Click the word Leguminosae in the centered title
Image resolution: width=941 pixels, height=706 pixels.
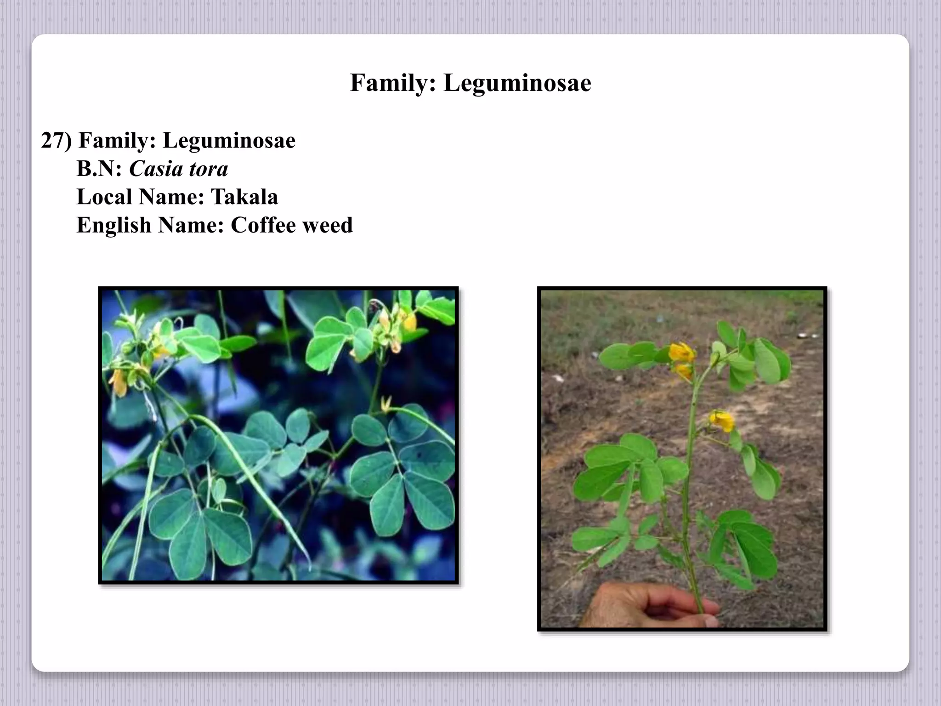click(517, 83)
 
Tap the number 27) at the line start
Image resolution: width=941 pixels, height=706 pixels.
click(57, 141)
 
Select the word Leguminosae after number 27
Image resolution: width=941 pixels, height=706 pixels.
click(229, 141)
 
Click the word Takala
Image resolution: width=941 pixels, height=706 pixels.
click(244, 197)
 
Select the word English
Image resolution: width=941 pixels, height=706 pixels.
click(113, 225)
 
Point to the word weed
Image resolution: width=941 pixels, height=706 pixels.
click(328, 225)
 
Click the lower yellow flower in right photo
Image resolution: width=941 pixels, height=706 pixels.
click(722, 421)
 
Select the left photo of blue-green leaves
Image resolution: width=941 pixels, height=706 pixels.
click(278, 435)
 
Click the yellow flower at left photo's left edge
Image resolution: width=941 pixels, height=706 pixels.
click(118, 382)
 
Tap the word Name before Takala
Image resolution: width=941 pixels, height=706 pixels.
click(171, 197)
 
